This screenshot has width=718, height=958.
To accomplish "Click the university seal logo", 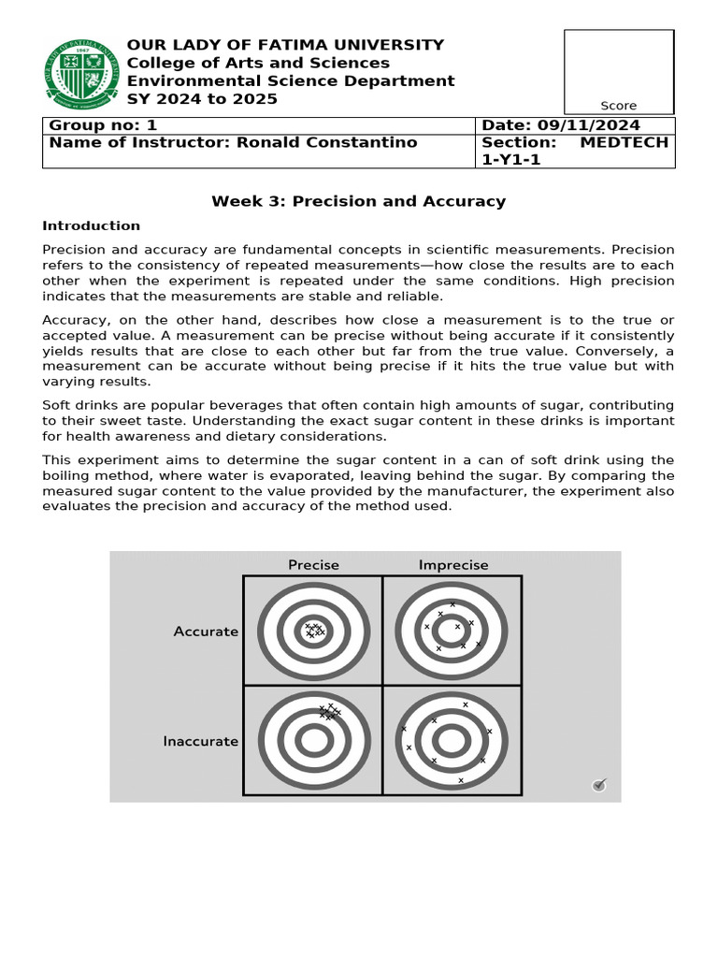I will point(83,73).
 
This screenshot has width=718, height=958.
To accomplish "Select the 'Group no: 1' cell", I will point(104,125).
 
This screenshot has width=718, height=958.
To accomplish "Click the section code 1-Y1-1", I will point(511,160).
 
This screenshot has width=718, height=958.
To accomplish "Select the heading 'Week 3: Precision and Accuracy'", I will point(358,201).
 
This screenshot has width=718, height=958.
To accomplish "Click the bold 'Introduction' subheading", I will point(91,225).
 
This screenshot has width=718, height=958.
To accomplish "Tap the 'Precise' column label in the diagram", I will point(313,564).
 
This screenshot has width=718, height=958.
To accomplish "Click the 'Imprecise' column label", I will point(452,564).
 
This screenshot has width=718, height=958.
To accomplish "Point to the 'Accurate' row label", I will point(206,631).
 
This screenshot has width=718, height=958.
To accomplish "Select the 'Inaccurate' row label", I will point(201,741).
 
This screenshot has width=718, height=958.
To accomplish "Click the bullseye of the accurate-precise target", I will point(314,631).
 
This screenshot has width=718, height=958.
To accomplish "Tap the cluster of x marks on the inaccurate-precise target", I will point(328,712).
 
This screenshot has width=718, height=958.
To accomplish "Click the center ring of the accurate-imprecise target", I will point(452,631).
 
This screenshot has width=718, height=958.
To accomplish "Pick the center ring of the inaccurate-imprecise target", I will point(452,741).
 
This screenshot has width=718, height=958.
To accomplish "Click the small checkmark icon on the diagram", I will point(599,785).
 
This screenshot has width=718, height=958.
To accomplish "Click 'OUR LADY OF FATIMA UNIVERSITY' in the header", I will point(285,45).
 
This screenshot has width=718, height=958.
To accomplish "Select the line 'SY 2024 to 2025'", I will point(202,99).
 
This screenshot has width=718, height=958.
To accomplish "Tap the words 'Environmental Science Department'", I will point(291,81).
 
